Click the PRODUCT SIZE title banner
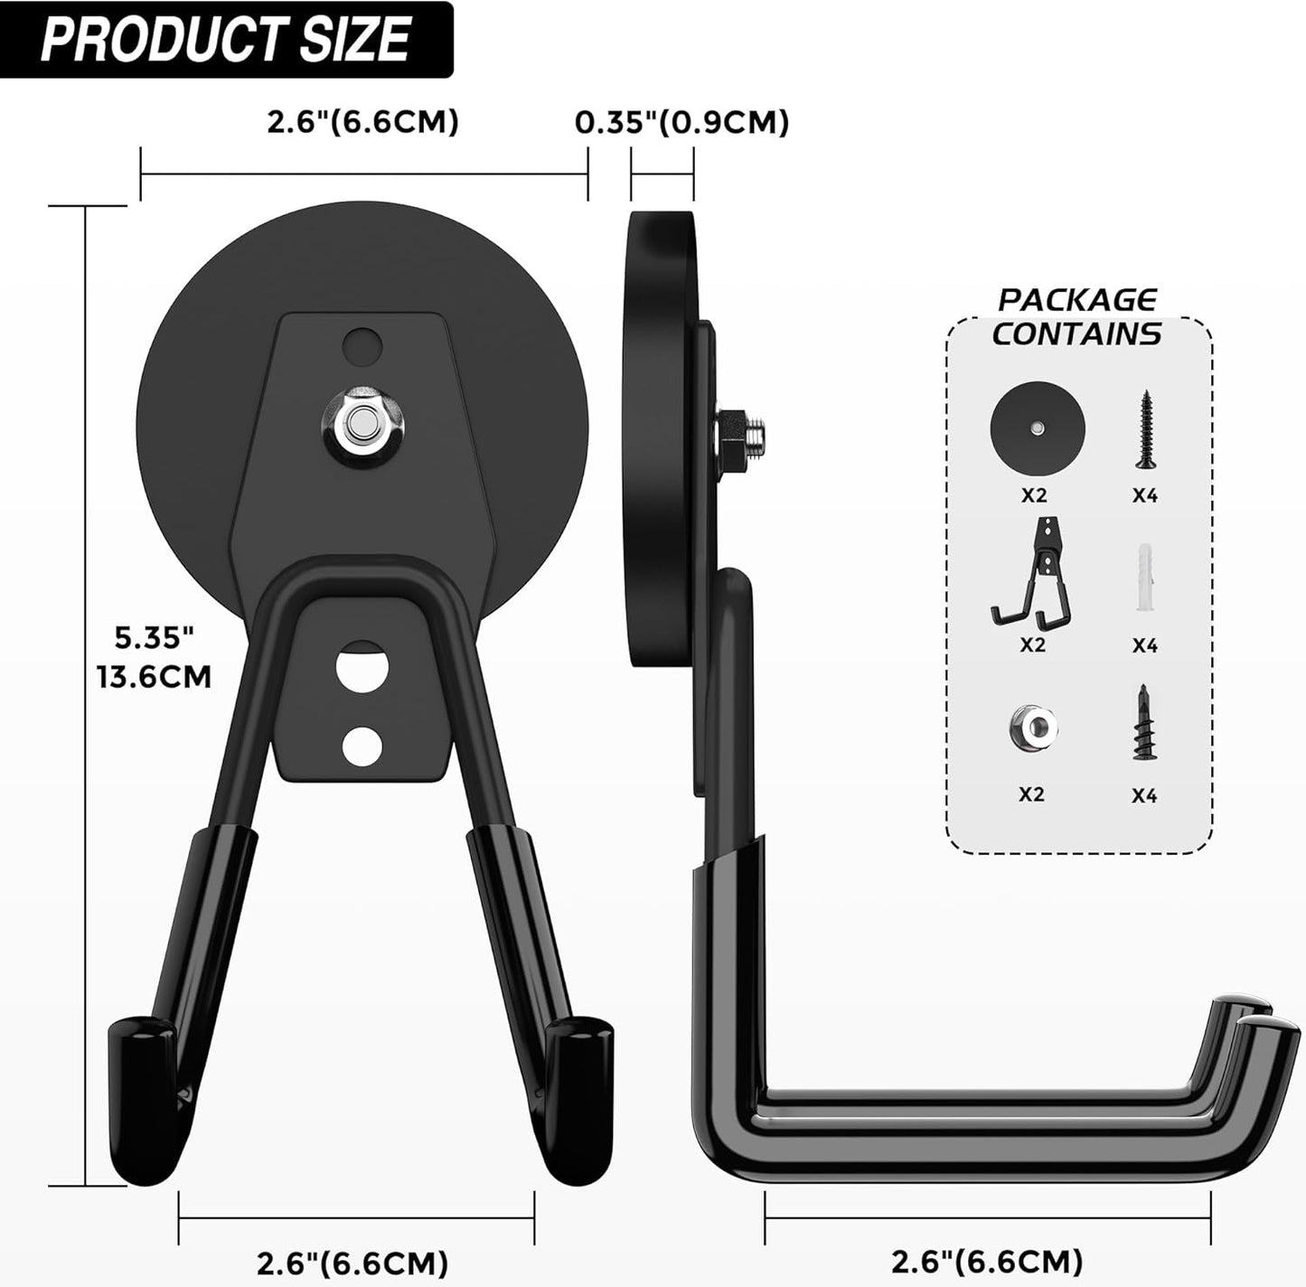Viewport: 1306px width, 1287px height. (x=226, y=40)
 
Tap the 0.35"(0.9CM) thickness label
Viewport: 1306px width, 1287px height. (x=682, y=122)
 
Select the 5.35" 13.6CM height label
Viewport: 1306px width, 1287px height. (x=155, y=657)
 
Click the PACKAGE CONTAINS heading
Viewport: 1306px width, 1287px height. (x=1076, y=317)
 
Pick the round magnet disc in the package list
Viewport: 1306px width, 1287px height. (x=1036, y=425)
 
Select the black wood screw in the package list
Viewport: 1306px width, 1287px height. (x=1145, y=429)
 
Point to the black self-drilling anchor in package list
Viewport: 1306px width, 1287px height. (x=1144, y=723)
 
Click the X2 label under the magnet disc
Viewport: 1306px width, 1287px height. (x=1033, y=495)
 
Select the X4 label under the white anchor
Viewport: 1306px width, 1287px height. (x=1144, y=645)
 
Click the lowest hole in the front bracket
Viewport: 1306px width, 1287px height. (x=362, y=745)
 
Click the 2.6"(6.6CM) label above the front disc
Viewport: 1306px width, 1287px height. (x=362, y=122)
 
